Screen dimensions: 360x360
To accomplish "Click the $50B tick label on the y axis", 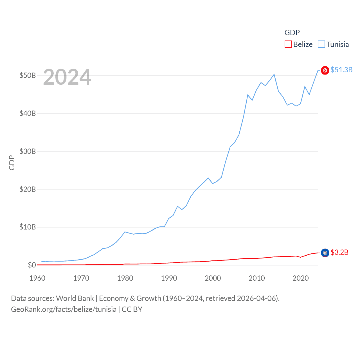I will click(x=27, y=75).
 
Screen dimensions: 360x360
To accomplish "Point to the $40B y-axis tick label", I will click(x=27, y=113).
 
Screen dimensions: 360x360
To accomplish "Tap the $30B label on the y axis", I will click(x=27, y=151).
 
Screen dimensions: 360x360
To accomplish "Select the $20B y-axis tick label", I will click(x=27, y=189).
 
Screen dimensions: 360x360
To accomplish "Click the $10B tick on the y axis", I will click(x=27, y=227).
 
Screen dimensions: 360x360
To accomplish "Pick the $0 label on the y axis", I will click(x=32, y=265).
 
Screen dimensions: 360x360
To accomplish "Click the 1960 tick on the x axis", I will click(x=37, y=278).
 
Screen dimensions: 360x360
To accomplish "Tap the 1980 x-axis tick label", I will click(x=125, y=278).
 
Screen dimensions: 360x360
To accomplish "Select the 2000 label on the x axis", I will click(x=213, y=278).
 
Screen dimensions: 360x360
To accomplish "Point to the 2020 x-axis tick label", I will click(x=301, y=278).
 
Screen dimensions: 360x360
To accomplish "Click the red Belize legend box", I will click(x=288, y=44).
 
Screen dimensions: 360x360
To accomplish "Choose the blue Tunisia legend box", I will click(x=321, y=44).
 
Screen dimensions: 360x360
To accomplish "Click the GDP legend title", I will click(x=292, y=33).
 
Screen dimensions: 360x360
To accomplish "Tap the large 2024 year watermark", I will click(x=67, y=77).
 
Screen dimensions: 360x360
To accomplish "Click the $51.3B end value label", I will click(x=341, y=70).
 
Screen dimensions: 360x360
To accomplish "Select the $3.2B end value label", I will click(x=339, y=252).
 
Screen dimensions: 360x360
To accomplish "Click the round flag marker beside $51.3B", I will click(x=325, y=70).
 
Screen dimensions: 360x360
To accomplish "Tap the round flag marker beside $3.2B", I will click(x=325, y=253).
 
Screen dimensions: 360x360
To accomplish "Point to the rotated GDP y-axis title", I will click(x=12, y=163).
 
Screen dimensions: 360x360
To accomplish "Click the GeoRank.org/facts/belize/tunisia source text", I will click(x=64, y=309).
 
